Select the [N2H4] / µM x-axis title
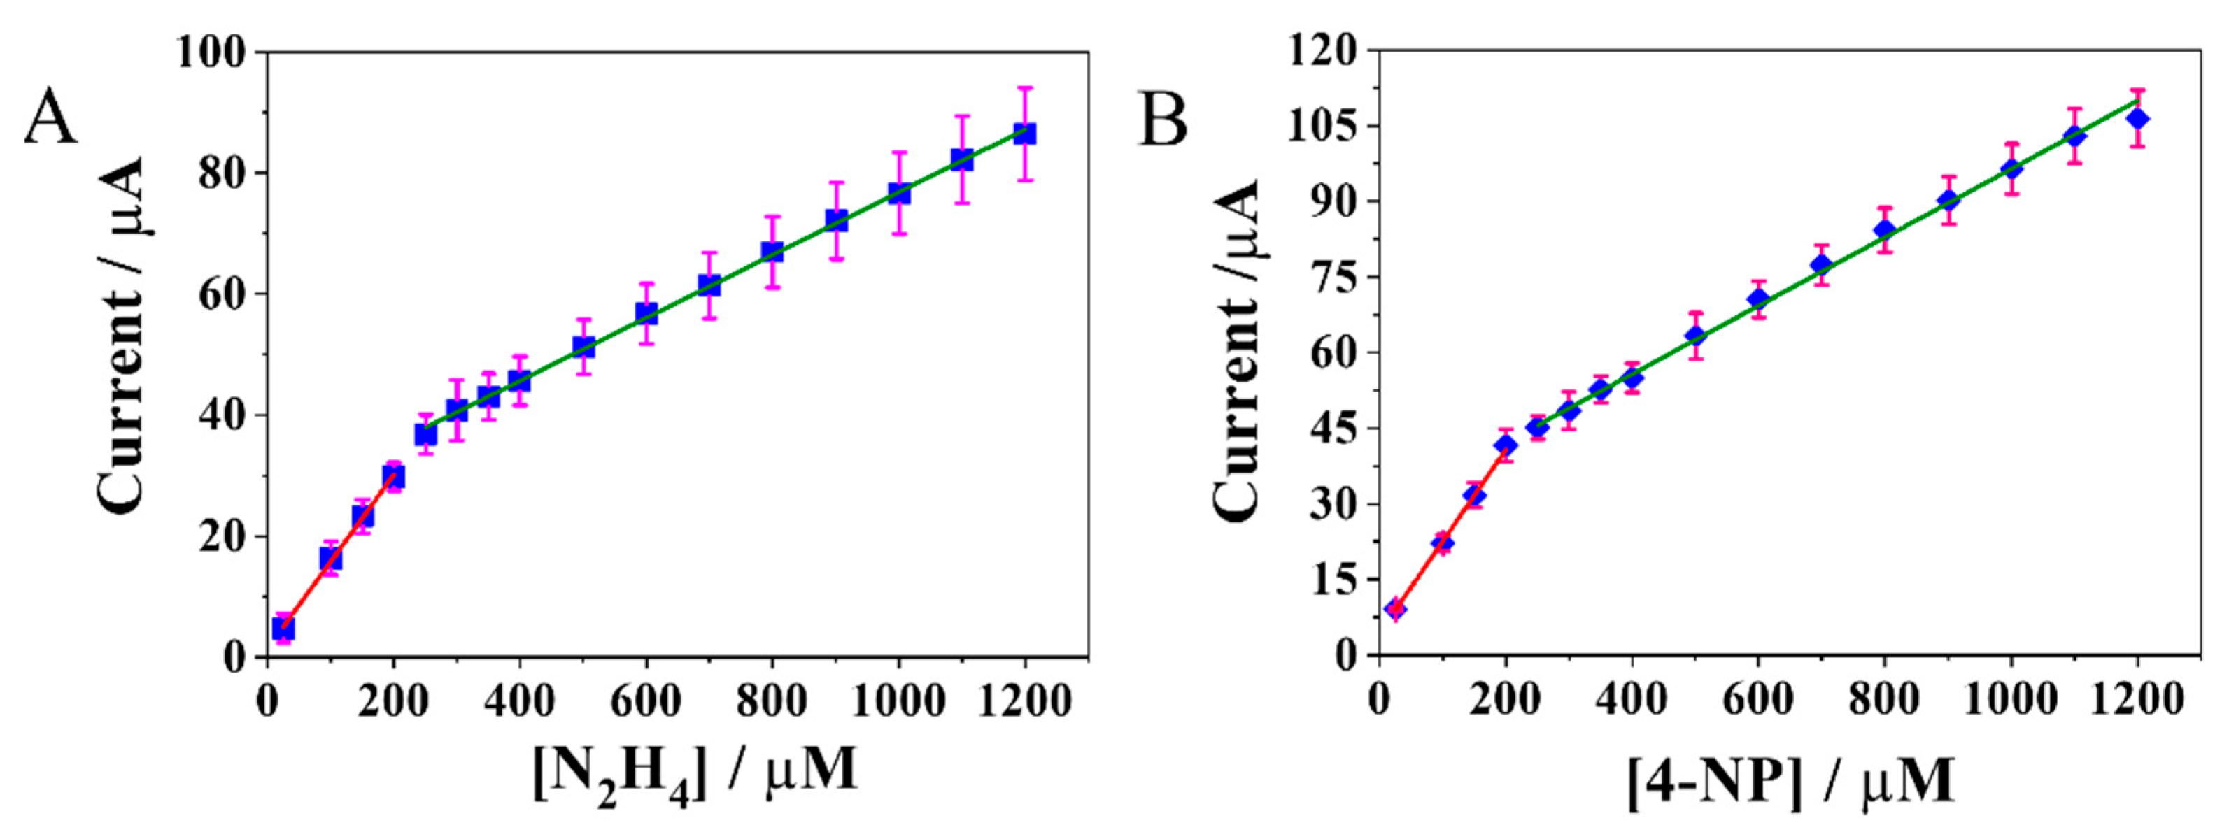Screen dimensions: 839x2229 [x=695, y=770]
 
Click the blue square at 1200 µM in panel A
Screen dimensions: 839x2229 [x=1024, y=134]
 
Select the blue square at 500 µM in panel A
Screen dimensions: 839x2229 [x=583, y=347]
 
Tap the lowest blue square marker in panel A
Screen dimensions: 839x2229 [x=283, y=628]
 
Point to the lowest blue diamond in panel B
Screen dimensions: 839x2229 [x=1395, y=609]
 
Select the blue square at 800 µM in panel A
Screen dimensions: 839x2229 [x=772, y=252]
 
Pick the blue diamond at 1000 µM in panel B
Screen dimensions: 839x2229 [x=2011, y=168]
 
